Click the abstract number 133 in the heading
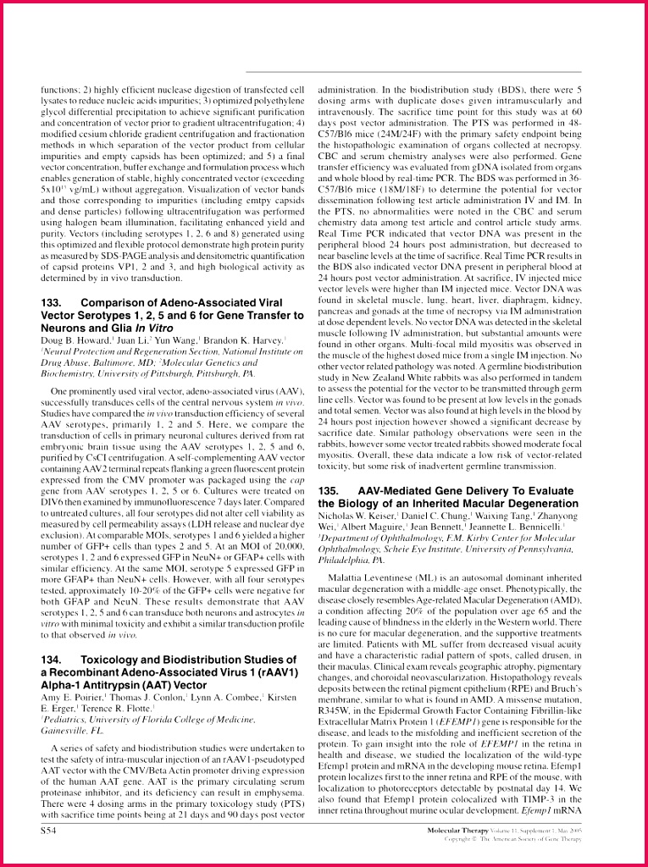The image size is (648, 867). pyautogui.click(x=51, y=302)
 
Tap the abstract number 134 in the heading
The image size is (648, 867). pyautogui.click(x=51, y=659)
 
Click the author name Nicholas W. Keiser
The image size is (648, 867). pyautogui.click(x=355, y=515)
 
